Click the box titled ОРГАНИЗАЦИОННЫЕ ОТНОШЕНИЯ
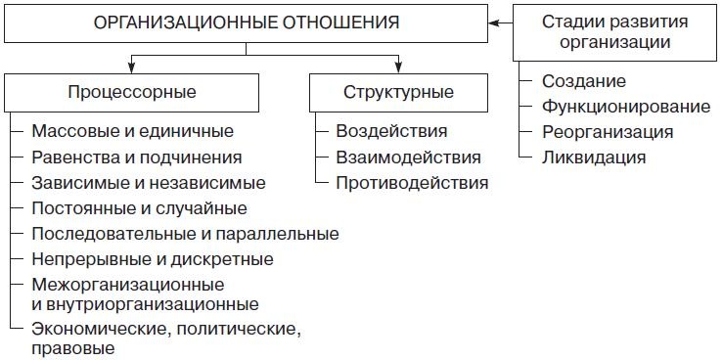[246, 22]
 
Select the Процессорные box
[133, 93]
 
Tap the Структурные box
[398, 93]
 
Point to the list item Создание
[583, 81]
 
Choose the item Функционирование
[625, 107]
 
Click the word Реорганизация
[607, 131]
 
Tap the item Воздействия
[391, 132]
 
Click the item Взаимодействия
[408, 157]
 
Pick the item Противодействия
[412, 183]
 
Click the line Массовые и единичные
[133, 132]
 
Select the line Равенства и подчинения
[136, 157]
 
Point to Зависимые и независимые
[148, 183]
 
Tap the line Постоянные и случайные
[139, 208]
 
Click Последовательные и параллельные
[185, 234]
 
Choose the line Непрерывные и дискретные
[152, 259]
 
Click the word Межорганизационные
[127, 285]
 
